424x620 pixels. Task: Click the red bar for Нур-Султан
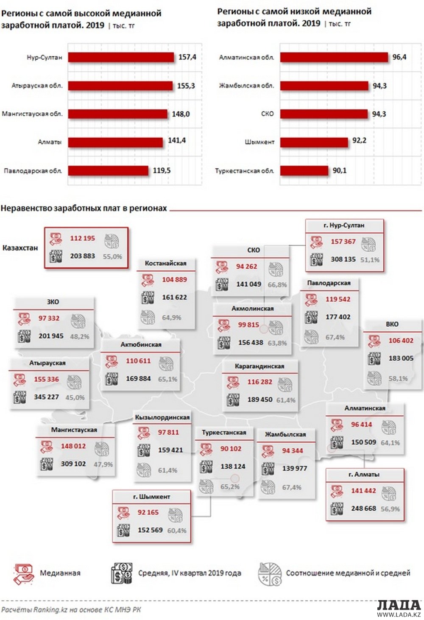click(x=121, y=57)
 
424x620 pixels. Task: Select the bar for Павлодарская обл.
click(x=108, y=170)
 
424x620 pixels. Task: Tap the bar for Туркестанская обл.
click(x=304, y=170)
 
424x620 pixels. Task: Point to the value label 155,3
click(x=186, y=86)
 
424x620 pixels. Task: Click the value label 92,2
click(x=359, y=140)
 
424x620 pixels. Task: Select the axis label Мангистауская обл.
click(x=32, y=114)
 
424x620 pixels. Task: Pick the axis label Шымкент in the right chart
click(x=259, y=142)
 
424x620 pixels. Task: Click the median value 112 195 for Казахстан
click(x=82, y=238)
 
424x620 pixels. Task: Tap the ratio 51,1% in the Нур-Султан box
click(x=370, y=259)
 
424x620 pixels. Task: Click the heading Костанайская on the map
click(x=165, y=263)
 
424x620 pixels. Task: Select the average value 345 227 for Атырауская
click(x=46, y=397)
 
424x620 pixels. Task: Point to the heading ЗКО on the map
click(x=53, y=302)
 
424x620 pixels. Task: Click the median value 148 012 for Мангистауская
click(x=73, y=446)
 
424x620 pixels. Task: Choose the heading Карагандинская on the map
click(x=259, y=366)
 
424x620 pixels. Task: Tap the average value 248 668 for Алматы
click(x=363, y=508)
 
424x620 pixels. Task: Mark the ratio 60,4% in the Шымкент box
click(x=177, y=530)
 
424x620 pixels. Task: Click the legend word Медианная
click(x=60, y=573)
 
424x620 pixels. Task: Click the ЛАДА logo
click(x=399, y=605)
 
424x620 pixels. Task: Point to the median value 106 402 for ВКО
click(x=401, y=340)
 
